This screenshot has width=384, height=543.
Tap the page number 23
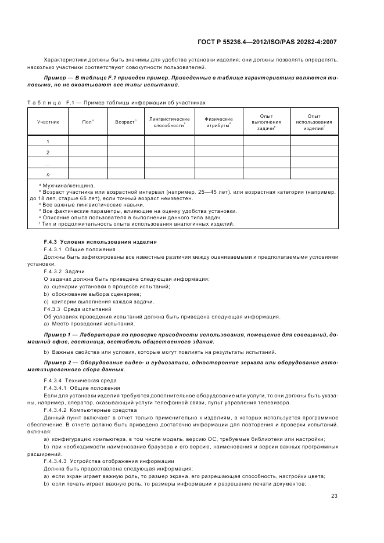[x=334, y=495]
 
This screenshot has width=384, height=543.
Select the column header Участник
[x=48, y=122]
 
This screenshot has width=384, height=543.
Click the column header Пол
[x=88, y=122]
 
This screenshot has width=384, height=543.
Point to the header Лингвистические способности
[x=169, y=122]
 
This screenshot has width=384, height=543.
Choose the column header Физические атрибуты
[x=218, y=122]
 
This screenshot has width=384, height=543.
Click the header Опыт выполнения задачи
[x=267, y=122]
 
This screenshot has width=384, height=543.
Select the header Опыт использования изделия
[x=314, y=122]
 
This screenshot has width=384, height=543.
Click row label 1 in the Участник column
[x=48, y=142]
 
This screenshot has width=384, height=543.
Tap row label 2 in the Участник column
[x=48, y=153]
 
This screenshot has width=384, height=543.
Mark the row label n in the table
[x=48, y=174]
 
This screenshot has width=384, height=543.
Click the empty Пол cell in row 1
[x=88, y=142]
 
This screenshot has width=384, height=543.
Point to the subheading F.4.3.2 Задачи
[x=64, y=271]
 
